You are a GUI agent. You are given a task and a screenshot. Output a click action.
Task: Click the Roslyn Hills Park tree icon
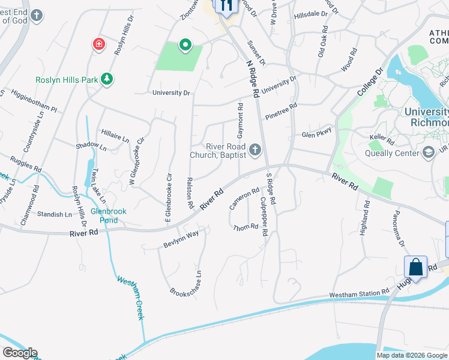click(x=107, y=79)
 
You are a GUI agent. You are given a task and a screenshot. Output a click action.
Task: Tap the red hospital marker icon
click(x=97, y=44)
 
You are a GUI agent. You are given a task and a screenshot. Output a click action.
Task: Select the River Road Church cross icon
click(x=256, y=149)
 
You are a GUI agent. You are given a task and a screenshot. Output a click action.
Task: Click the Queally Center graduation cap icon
click(x=428, y=152)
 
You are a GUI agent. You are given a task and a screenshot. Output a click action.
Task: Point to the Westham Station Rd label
click(x=359, y=294)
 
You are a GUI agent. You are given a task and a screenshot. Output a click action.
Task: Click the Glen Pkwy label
click(x=316, y=134)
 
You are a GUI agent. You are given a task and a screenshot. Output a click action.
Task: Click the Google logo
click(x=20, y=353)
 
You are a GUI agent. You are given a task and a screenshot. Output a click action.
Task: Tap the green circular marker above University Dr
click(x=185, y=44)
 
